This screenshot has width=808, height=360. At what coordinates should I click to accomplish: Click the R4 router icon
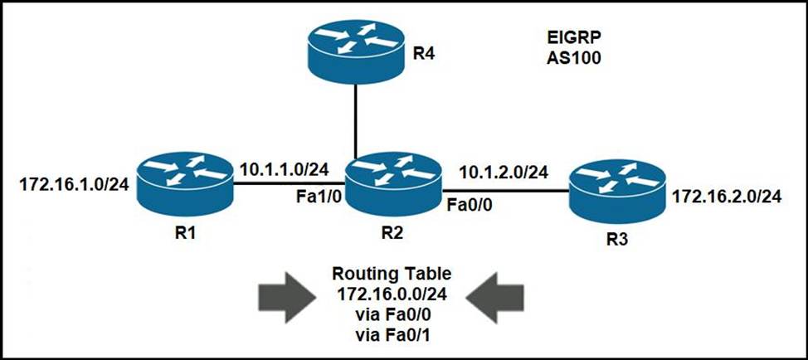(x=355, y=51)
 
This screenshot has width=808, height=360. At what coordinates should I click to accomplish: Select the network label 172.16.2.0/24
(x=728, y=197)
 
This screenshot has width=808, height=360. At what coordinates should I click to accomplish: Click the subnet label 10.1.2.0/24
(x=504, y=173)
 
